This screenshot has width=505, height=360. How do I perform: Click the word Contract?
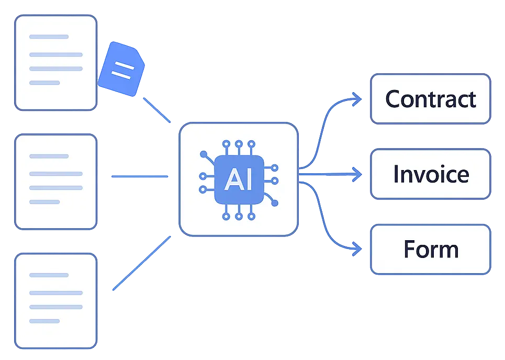[431, 99]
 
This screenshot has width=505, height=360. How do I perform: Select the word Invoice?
[431, 174]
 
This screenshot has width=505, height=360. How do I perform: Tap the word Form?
[431, 249]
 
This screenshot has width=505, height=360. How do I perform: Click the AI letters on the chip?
[238, 179]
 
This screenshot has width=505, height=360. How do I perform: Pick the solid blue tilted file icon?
[122, 69]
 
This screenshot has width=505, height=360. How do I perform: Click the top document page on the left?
[55, 63]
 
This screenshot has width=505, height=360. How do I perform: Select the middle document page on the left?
[55, 181]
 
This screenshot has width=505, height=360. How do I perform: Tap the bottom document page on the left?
[55, 301]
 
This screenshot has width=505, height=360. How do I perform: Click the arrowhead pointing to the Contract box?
[357, 99]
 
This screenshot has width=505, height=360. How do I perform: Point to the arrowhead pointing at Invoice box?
[357, 174]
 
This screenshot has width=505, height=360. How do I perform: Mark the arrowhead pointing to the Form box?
[357, 249]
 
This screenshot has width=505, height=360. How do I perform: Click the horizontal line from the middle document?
[139, 177]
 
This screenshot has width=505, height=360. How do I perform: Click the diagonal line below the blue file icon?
[156, 110]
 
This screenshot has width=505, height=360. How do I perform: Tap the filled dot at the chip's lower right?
[275, 203]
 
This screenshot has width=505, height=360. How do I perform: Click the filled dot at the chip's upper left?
[203, 154]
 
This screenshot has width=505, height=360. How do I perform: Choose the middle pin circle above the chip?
[239, 143]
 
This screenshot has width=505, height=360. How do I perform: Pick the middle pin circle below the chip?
[239, 216]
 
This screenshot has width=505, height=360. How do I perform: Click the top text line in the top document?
[49, 37]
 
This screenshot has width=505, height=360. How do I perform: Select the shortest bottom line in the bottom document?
[44, 321]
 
